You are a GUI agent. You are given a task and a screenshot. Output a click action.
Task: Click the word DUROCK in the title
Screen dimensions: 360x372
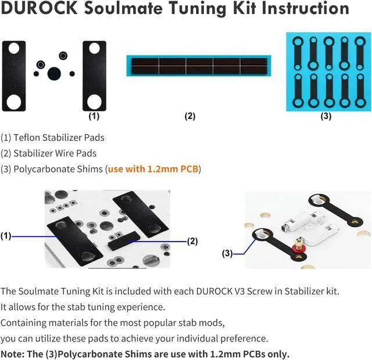tap(38, 9)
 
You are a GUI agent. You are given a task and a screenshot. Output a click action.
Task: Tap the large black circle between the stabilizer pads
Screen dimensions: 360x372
tap(54, 73)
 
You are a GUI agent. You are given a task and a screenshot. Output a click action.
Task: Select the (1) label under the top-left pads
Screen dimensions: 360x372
tap(94, 116)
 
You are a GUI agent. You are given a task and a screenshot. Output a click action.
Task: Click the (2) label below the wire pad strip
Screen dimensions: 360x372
tap(190, 116)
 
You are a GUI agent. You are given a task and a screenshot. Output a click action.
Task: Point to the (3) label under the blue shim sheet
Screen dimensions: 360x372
tap(326, 116)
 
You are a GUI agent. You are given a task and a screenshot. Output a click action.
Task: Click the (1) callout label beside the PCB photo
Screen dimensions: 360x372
tap(6, 236)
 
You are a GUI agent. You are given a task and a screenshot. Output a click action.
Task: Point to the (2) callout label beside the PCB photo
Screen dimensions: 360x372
tap(191, 241)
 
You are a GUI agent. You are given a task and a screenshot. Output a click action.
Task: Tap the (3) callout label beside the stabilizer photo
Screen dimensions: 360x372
tap(227, 253)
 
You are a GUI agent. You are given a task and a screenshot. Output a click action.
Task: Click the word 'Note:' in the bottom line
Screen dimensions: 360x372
tap(13, 354)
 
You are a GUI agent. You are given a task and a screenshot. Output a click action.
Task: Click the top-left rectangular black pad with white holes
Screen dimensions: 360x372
tap(14, 76)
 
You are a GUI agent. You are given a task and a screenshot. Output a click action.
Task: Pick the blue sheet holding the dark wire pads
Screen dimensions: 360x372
tap(198, 66)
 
